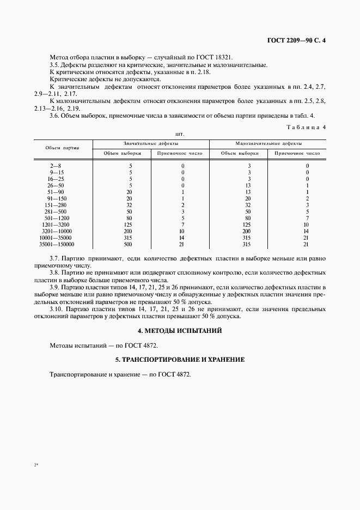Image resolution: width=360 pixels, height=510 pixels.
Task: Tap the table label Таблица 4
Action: tap(306, 127)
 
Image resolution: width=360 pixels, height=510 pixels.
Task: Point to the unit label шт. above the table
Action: tap(180, 133)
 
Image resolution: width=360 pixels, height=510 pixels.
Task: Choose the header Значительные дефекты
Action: tap(151, 143)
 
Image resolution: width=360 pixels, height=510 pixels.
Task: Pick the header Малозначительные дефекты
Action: tap(268, 143)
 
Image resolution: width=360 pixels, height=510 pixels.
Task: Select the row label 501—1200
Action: tap(56, 217)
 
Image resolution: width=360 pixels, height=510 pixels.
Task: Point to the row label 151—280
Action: tap(56, 204)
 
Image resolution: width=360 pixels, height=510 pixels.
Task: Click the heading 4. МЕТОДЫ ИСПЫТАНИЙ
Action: tap(180, 331)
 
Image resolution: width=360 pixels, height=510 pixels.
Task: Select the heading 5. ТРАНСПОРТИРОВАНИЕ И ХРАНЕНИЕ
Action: tap(180, 360)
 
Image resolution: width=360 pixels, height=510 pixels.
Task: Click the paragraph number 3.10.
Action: tap(57, 309)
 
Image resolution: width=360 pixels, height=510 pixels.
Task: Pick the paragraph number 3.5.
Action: tap(55, 65)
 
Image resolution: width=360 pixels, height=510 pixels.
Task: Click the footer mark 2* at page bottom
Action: tap(35, 465)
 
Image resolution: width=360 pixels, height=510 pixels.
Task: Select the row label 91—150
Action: tap(56, 198)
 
